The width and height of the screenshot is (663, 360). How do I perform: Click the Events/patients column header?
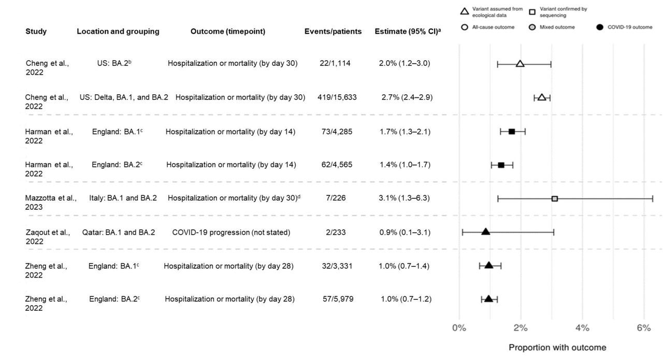pos(333,32)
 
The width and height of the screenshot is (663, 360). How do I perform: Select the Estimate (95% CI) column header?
pos(408,32)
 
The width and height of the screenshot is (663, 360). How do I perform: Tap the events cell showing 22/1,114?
pos(335,63)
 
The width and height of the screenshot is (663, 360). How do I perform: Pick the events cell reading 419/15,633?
pos(337,97)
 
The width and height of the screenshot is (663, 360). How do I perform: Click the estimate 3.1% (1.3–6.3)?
pos(404,198)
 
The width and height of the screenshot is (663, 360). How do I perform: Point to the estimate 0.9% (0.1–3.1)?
pos(405,233)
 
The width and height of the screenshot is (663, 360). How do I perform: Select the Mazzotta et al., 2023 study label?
pos(50,203)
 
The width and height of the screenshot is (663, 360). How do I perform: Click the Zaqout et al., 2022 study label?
pos(47,237)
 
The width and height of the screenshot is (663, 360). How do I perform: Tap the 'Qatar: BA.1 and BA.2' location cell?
pos(119,233)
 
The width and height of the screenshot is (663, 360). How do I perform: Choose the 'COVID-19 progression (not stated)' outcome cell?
pos(231,233)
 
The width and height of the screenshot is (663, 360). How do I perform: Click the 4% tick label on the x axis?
pos(582,328)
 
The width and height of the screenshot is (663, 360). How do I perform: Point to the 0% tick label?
pos(459,328)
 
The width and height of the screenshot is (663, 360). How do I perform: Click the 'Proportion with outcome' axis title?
pos(557,348)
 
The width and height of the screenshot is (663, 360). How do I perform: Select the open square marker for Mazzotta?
pos(555,198)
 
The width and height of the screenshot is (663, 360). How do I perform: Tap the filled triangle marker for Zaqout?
pos(485,232)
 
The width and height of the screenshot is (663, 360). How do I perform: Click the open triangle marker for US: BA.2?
pos(520,64)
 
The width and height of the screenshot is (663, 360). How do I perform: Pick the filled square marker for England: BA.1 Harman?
pos(512,132)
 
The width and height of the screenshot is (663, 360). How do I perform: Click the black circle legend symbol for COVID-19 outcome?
pos(600,27)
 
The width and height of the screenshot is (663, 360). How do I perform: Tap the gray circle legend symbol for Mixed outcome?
pos(532,27)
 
